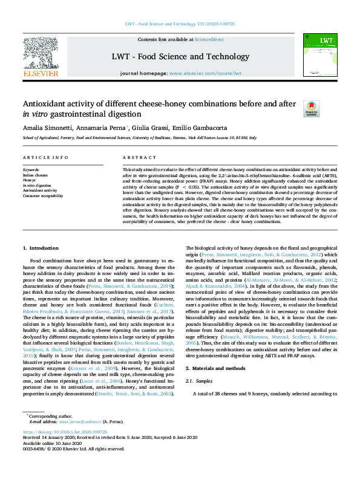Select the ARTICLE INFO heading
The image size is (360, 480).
tap(45, 157)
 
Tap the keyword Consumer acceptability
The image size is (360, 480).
tap(44, 196)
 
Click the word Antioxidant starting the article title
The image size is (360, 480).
tap(47, 103)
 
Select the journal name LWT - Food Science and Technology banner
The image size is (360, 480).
tap(180, 57)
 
